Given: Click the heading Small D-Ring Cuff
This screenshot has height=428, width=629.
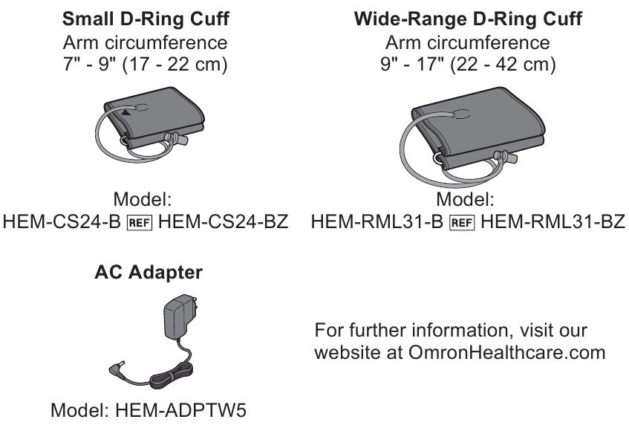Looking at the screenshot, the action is [146, 19].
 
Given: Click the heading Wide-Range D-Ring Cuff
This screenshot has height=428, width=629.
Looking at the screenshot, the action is [468, 19].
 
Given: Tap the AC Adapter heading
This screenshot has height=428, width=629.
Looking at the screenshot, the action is [149, 273].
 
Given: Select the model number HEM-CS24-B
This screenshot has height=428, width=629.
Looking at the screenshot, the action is [62, 221].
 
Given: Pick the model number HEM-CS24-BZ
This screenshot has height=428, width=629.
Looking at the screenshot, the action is [223, 221].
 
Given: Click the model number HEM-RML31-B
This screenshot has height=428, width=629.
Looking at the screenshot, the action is [377, 221].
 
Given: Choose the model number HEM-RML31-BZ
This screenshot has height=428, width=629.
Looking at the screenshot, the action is [553, 221].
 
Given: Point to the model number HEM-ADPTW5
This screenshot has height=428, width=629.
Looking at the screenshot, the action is [180, 410].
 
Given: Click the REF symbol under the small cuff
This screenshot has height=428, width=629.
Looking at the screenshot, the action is [139, 222].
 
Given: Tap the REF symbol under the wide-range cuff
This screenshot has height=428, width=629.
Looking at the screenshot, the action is [462, 222].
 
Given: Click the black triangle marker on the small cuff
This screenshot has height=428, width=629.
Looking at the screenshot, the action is [126, 113].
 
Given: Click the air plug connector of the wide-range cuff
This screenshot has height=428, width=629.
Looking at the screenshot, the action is [505, 157].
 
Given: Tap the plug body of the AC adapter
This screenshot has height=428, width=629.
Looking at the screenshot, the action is [177, 317].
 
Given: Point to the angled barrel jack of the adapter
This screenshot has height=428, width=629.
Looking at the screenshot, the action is [117, 369].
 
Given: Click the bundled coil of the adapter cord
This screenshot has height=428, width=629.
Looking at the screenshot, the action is [170, 376].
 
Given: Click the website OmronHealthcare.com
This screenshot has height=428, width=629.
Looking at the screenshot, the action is [507, 352].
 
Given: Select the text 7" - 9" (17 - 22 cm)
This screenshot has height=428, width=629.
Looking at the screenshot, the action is [146, 64].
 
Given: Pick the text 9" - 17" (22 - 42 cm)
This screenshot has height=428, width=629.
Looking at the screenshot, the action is [468, 64].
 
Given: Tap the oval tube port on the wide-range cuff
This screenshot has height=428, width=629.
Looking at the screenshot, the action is [461, 114].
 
